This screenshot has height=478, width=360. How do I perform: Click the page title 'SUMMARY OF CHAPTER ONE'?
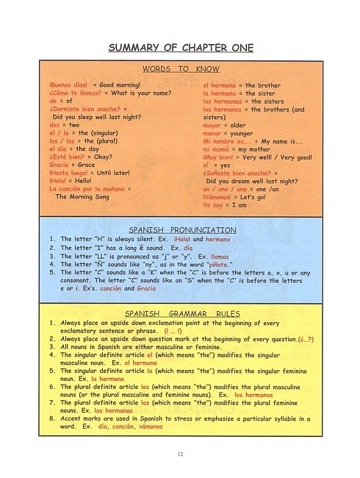tap(180, 49)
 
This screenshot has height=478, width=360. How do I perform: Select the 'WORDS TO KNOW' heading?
tap(180, 68)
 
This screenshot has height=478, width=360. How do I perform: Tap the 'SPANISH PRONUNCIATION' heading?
tap(180, 230)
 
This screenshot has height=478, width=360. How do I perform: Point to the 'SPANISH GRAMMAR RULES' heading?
tap(180, 313)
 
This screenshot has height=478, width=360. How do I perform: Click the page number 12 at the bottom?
tap(180, 454)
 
